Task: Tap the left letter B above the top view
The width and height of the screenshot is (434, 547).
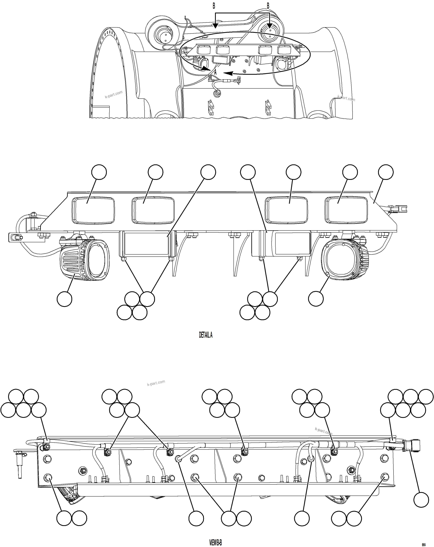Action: point(214,6)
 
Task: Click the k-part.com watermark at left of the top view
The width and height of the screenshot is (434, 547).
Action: point(113,94)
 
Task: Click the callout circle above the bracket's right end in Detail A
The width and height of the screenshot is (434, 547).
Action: point(386,172)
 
